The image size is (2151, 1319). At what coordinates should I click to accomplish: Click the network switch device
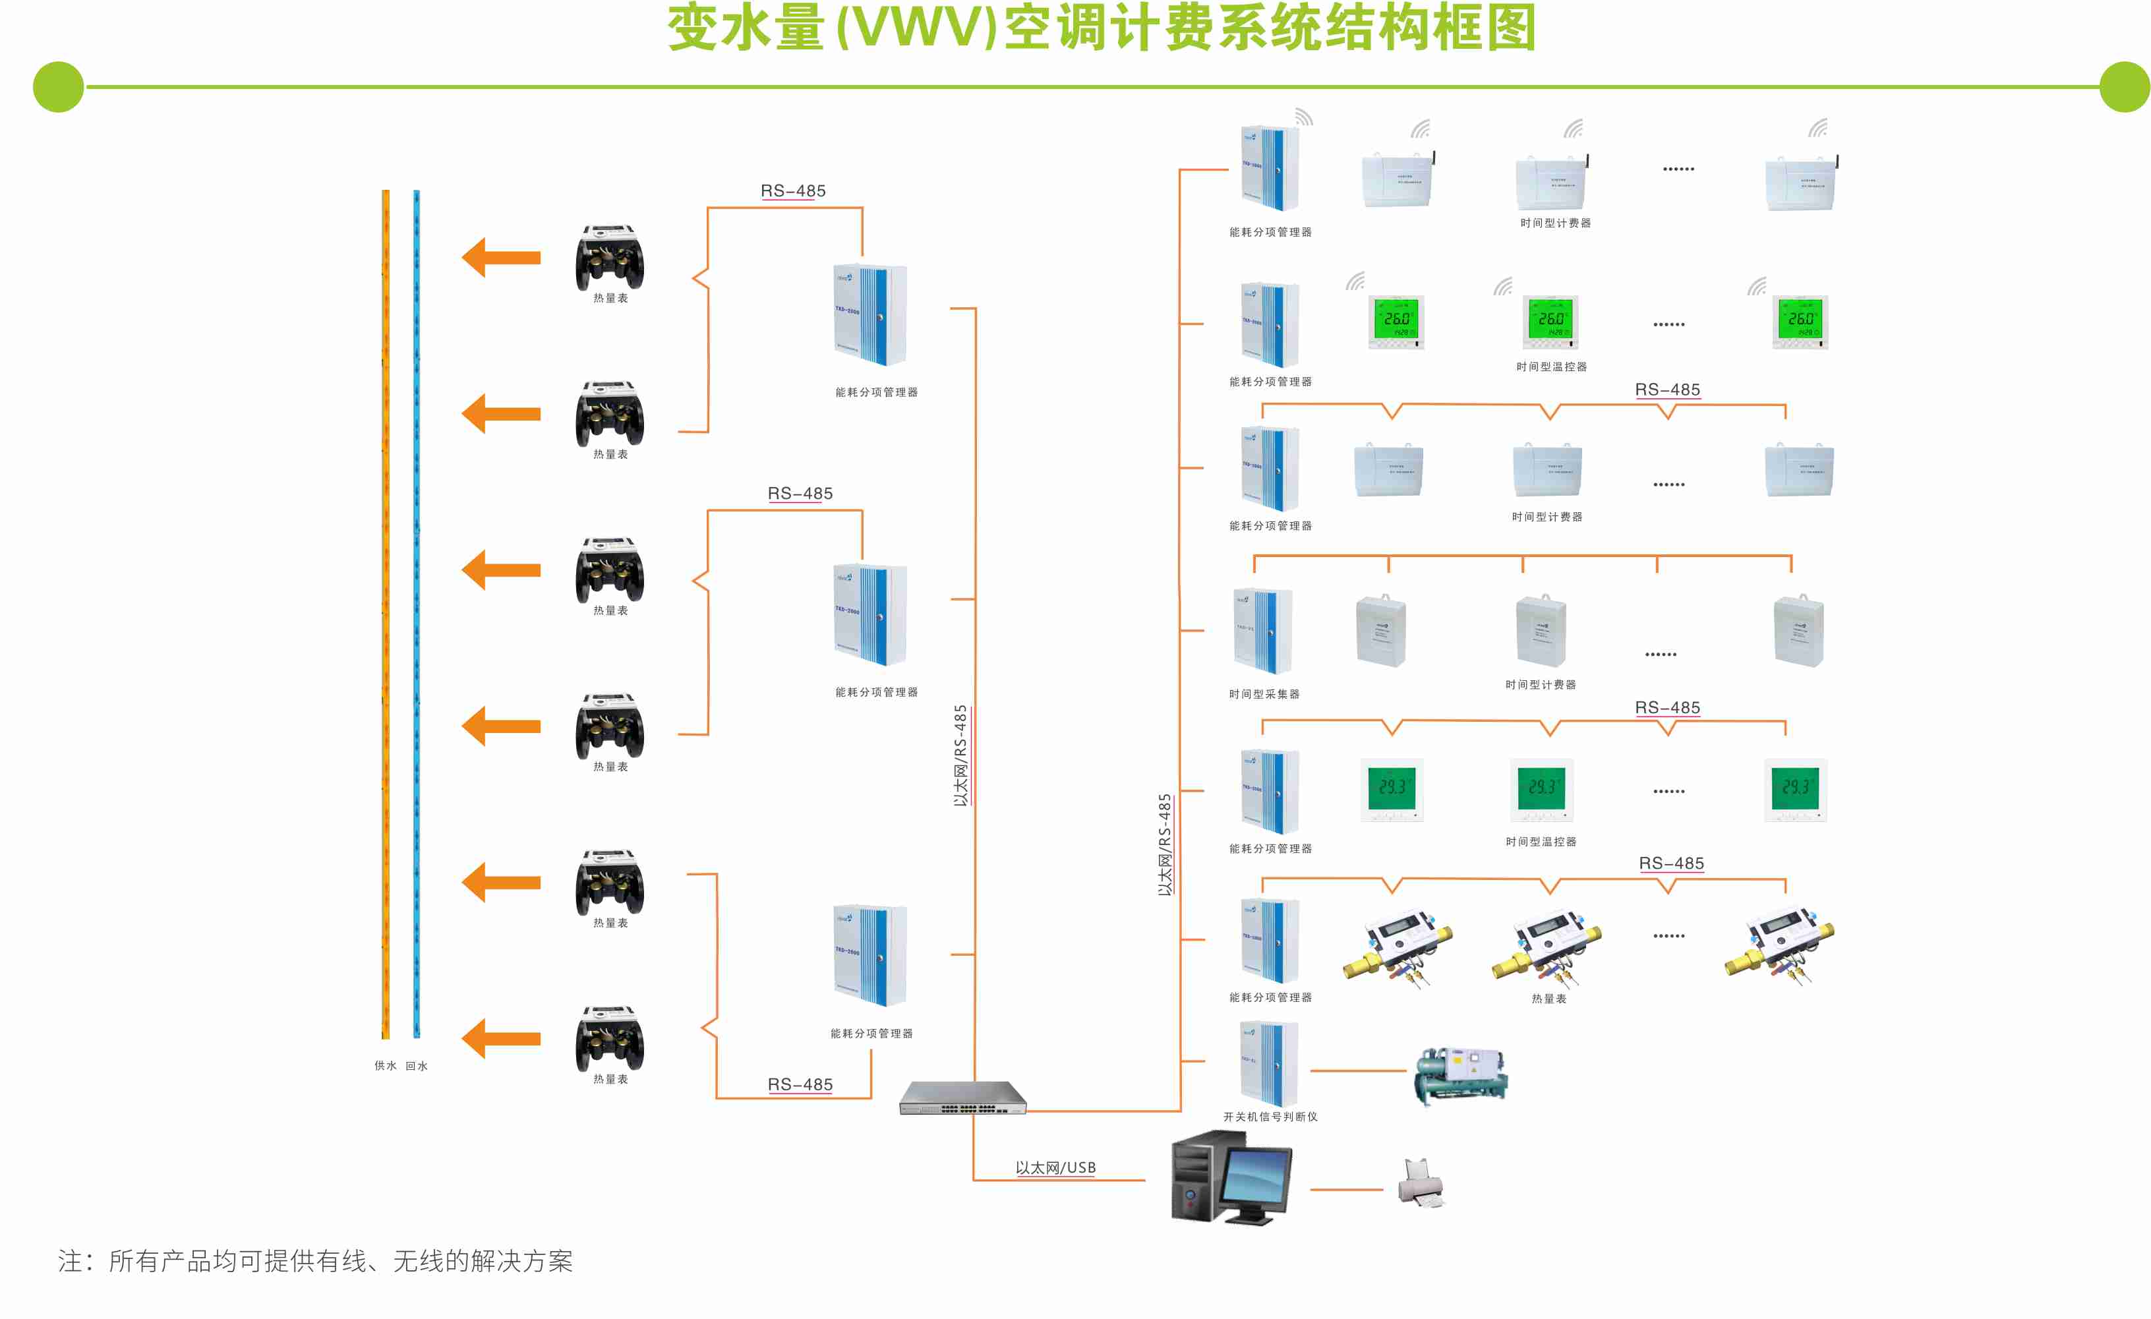[x=963, y=1098]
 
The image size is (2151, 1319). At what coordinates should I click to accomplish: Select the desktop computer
[x=1231, y=1177]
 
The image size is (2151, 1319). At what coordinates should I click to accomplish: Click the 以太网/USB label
[x=1055, y=1168]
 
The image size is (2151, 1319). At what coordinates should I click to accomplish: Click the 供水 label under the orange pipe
[x=385, y=1066]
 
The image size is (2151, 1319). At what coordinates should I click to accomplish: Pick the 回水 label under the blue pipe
[x=417, y=1066]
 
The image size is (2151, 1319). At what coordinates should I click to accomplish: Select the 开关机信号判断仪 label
[x=1270, y=1117]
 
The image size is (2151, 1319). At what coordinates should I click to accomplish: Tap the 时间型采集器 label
[x=1264, y=694]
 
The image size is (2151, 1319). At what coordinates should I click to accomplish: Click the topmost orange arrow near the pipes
[x=501, y=258]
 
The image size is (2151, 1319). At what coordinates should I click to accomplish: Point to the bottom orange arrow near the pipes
[x=501, y=1039]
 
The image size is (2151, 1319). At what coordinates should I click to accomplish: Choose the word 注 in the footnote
[x=70, y=1262]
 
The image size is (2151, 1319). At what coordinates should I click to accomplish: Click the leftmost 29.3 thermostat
[x=1392, y=789]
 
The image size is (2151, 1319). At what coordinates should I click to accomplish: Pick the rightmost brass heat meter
[x=1779, y=947]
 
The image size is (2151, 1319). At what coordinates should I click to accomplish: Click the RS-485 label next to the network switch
[x=800, y=1084]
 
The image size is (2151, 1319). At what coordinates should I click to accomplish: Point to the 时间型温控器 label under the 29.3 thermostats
[x=1541, y=842]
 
